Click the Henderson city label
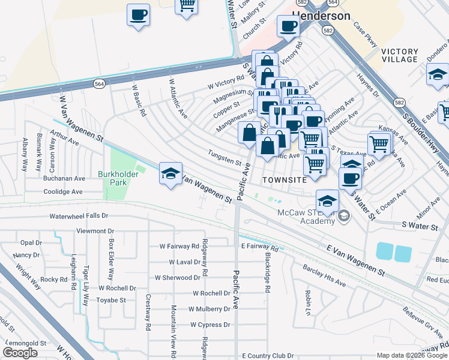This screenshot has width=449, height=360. (321, 16)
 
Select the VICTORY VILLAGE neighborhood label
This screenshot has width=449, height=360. (399, 55)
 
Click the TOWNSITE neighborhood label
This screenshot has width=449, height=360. (285, 179)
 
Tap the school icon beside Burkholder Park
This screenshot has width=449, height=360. (170, 174)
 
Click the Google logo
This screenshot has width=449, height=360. (20, 353)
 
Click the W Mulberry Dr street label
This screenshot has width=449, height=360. (209, 309)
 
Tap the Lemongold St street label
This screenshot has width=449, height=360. (29, 343)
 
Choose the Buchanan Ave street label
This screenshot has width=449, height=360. (64, 178)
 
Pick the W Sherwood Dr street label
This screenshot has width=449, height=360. (177, 278)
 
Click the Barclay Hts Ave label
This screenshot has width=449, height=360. (324, 275)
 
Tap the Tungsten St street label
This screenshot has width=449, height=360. (224, 157)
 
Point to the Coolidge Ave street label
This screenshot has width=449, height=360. (63, 192)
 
